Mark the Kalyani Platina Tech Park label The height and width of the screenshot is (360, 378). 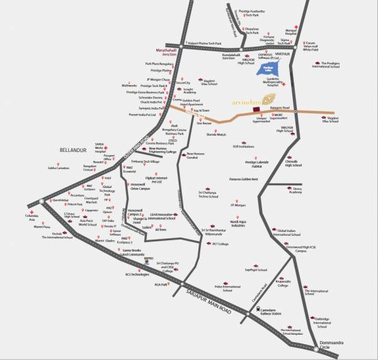pyautogui.click(x=201, y=44)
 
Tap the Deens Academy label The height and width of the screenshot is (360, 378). pyautogui.click(x=295, y=190)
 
